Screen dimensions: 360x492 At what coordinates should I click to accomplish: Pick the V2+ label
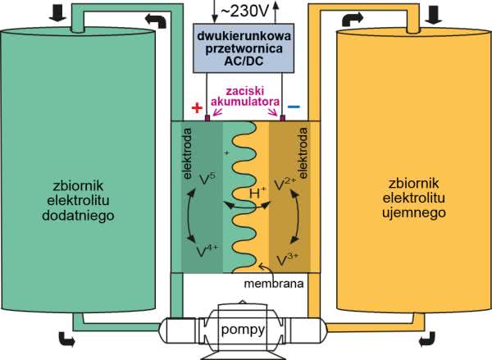[285, 181]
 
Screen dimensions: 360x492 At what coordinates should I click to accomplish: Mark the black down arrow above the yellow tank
[434, 14]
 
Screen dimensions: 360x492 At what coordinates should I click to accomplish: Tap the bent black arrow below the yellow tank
[426, 339]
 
